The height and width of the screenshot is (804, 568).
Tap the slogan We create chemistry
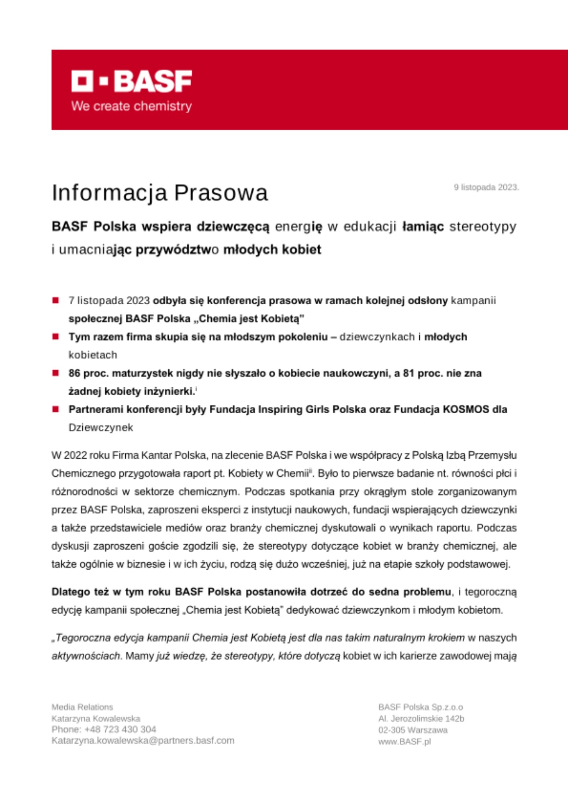click(x=131, y=106)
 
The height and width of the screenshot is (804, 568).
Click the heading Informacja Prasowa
click(x=159, y=193)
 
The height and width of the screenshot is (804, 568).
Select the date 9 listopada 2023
click(x=486, y=187)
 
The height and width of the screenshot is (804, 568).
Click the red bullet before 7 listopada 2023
click(x=56, y=300)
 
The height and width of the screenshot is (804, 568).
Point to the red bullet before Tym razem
click(x=56, y=336)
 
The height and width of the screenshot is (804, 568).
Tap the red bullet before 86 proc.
click(x=56, y=373)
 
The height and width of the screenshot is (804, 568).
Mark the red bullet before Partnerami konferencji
click(x=56, y=409)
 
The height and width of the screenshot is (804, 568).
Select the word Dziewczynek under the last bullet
click(x=100, y=427)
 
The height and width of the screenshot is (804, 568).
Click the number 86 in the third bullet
click(x=74, y=373)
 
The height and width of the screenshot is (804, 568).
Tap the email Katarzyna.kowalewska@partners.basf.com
click(x=143, y=740)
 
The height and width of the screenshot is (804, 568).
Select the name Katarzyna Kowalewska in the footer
click(x=96, y=718)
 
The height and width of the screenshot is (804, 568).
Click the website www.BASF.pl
click(x=404, y=742)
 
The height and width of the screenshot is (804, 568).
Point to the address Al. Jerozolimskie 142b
click(x=421, y=718)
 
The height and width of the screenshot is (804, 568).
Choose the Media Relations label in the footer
click(x=82, y=707)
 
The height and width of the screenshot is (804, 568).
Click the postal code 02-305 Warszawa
click(x=413, y=730)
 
